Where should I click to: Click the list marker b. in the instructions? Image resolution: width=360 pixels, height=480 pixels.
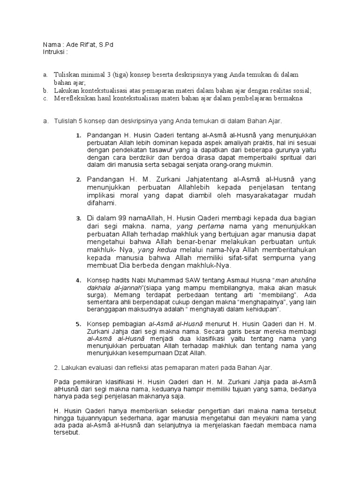(x=45, y=90)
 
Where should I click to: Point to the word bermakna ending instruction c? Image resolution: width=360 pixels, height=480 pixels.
(x=287, y=98)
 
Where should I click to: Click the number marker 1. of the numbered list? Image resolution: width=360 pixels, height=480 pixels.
(x=79, y=136)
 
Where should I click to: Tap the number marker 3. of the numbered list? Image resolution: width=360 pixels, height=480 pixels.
(x=79, y=219)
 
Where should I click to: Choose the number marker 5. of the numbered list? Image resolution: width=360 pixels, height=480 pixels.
(x=79, y=324)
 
